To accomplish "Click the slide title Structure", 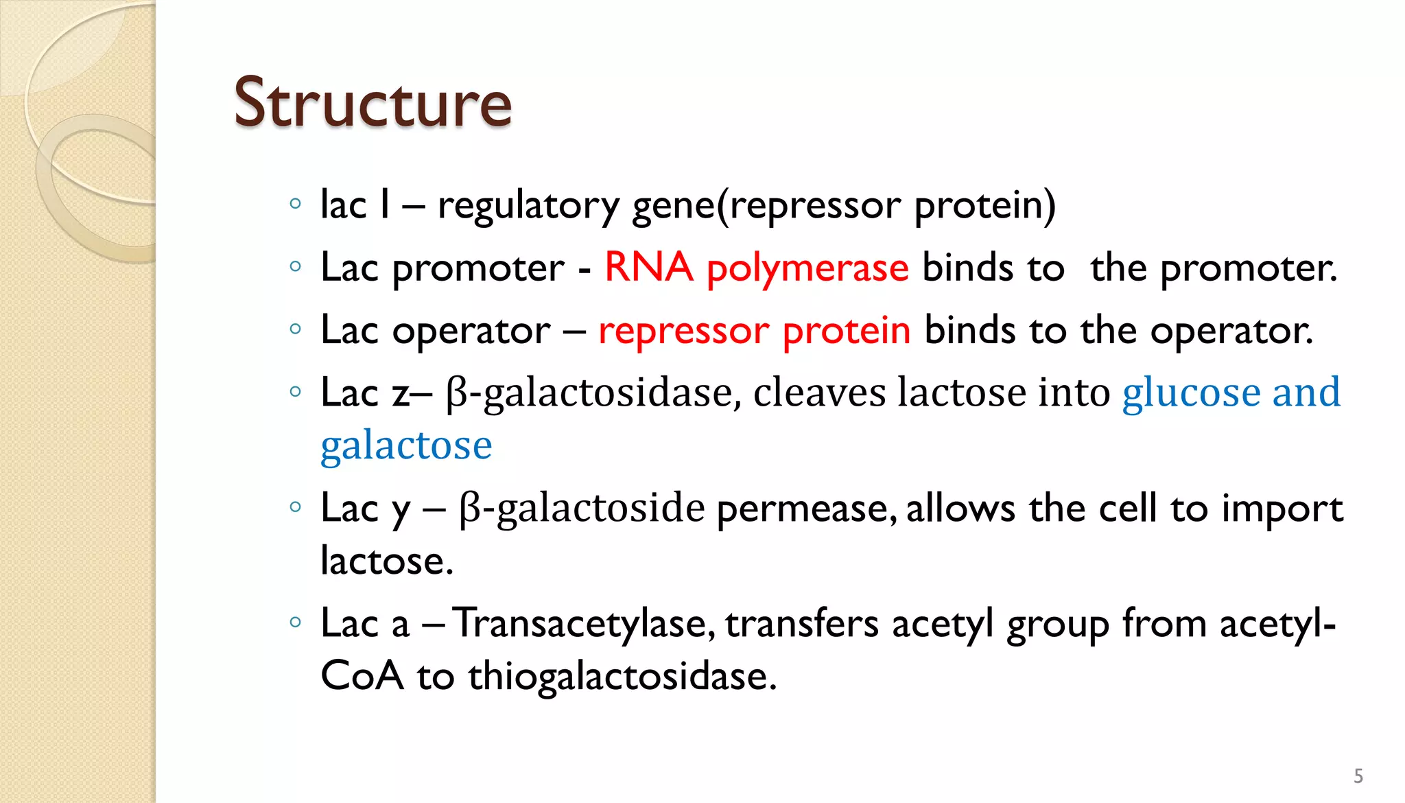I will pyautogui.click(x=373, y=103).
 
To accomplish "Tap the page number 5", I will pyautogui.click(x=1358, y=776).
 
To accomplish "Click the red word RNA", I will pyautogui.click(x=648, y=267).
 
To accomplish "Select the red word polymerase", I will pyautogui.click(x=807, y=268).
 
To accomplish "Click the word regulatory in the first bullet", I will pyautogui.click(x=528, y=206).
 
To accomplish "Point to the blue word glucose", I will pyautogui.click(x=1191, y=393).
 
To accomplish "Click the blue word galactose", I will pyautogui.click(x=406, y=445).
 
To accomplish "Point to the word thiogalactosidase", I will pyautogui.click(x=622, y=676).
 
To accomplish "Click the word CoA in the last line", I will pyautogui.click(x=362, y=676).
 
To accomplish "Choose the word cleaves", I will pyautogui.click(x=819, y=393).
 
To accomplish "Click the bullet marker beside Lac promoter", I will pyautogui.click(x=296, y=266).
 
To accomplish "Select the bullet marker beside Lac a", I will pyautogui.click(x=296, y=622).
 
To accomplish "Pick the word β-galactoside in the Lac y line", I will pyautogui.click(x=582, y=509).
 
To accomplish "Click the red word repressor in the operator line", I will pyautogui.click(x=683, y=331).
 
